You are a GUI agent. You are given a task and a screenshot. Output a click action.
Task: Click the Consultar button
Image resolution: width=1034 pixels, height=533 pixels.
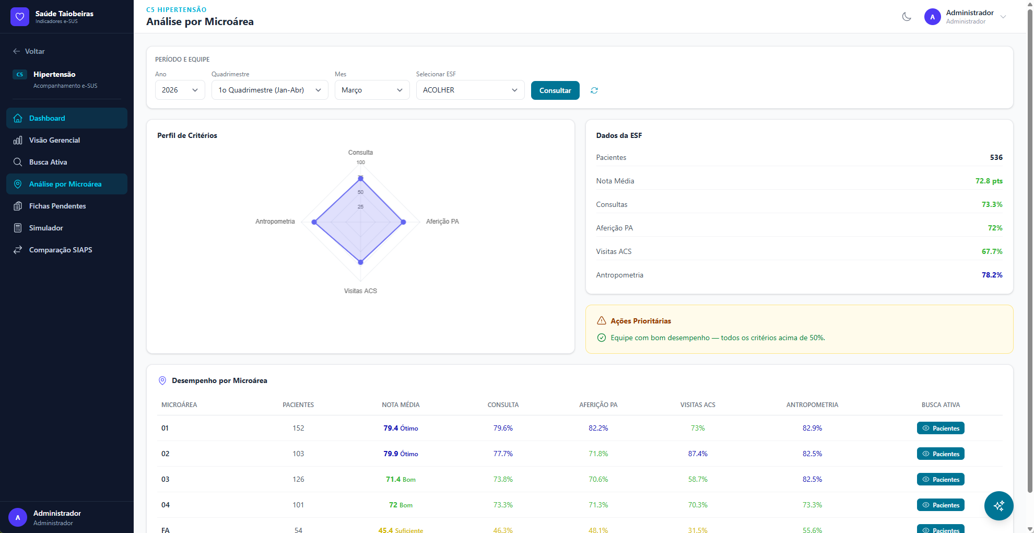tap(555, 90)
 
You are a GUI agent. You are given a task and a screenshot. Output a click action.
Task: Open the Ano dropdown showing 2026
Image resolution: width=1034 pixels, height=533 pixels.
tap(180, 90)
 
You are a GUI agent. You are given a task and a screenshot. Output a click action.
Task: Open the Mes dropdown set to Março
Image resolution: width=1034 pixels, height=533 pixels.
tap(372, 90)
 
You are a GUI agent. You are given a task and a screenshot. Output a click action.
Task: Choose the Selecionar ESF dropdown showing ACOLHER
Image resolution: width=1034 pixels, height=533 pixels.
tap(470, 90)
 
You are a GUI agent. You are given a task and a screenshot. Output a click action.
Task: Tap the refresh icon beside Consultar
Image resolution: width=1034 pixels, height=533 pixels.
tap(594, 90)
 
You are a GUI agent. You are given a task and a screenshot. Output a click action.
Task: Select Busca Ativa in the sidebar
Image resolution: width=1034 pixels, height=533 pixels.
tap(48, 162)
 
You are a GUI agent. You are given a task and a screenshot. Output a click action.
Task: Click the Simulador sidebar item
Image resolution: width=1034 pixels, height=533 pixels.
tap(46, 228)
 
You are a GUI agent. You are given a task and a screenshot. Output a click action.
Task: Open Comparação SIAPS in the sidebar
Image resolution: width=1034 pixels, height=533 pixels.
tap(61, 250)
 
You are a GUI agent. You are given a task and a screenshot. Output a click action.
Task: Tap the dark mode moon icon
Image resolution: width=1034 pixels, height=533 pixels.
tap(907, 17)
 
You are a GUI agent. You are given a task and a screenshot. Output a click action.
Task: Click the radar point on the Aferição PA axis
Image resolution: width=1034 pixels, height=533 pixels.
tap(403, 222)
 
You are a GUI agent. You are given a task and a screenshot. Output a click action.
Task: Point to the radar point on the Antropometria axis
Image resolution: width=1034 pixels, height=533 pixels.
tap(314, 222)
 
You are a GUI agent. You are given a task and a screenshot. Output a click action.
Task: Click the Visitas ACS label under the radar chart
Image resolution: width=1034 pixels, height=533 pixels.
tap(360, 291)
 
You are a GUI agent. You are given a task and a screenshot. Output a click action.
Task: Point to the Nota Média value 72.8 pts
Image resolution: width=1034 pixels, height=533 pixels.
tap(989, 181)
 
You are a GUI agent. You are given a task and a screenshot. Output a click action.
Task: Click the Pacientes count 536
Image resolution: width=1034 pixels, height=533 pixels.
tap(996, 157)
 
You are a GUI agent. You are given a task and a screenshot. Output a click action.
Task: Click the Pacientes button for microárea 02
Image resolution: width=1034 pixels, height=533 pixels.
tap(941, 454)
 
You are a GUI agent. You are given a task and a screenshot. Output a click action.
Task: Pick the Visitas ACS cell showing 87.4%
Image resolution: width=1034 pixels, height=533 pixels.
tap(698, 454)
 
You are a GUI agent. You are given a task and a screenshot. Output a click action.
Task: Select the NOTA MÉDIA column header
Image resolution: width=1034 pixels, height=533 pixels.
tap(401, 405)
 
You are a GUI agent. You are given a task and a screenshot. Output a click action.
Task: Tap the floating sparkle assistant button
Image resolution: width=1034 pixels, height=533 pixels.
tap(998, 506)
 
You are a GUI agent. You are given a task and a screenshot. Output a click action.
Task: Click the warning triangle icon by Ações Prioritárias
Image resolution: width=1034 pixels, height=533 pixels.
tap(602, 321)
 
